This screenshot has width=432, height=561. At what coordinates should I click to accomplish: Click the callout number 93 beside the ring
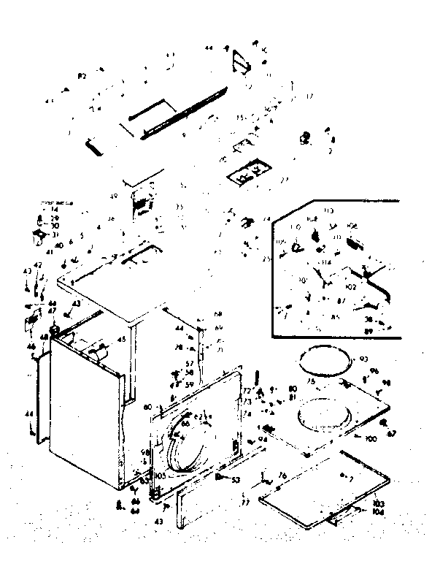coord(364,359)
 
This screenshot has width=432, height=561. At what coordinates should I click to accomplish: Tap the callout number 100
coord(370,438)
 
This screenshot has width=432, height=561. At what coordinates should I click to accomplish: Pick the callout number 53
coord(236,481)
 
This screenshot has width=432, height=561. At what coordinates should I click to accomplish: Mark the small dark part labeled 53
coord(219,477)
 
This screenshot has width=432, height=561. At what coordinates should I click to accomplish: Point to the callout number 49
coord(113,197)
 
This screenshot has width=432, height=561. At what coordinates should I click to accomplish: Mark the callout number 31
coord(54,234)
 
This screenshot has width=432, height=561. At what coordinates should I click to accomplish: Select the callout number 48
coord(44,337)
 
